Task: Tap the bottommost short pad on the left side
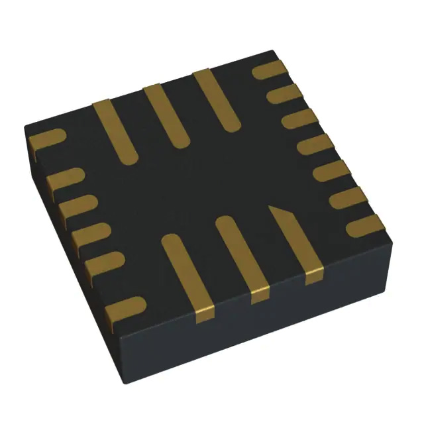click(125, 308)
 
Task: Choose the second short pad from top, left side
click(64, 178)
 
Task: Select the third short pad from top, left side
click(77, 206)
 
